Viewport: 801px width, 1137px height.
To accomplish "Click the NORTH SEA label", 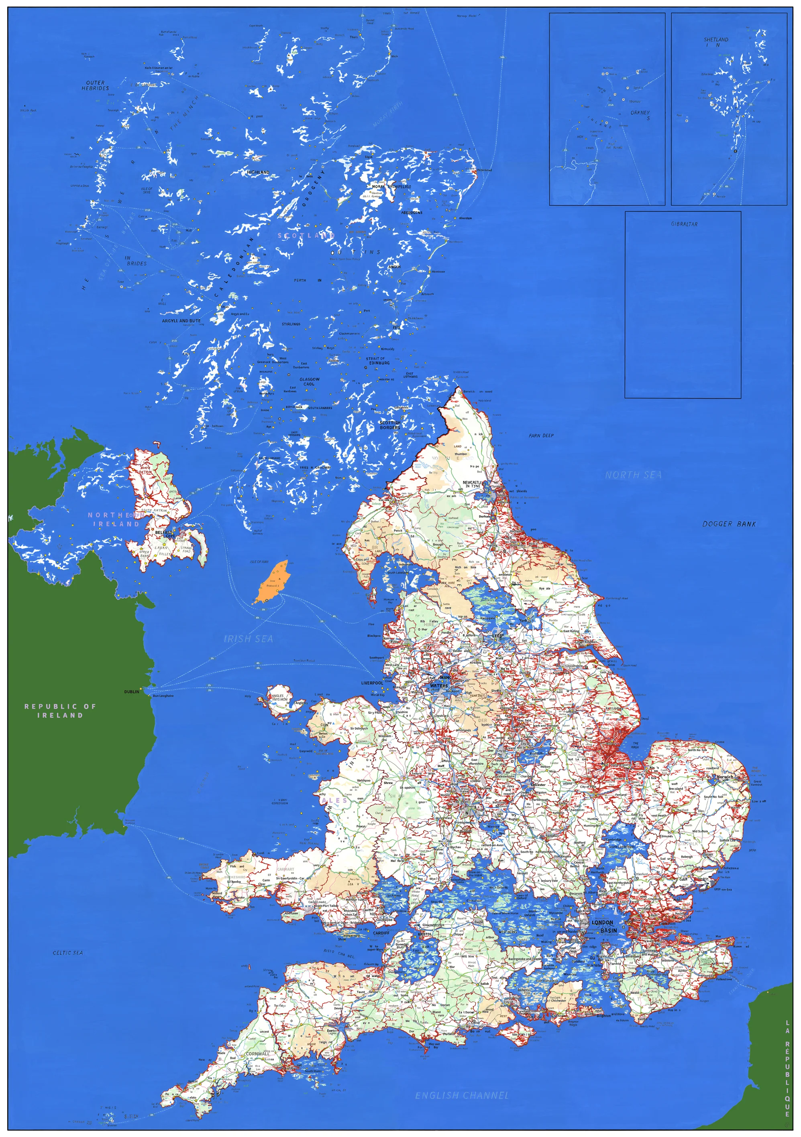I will click(633, 475).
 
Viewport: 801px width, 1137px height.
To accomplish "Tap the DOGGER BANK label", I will click(729, 523).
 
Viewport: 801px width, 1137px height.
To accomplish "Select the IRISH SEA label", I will click(248, 639).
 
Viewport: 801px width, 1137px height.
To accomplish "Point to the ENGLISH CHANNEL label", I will click(462, 1095).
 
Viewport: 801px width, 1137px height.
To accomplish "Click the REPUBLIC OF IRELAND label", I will click(60, 711).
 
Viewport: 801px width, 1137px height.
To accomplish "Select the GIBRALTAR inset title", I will click(684, 224).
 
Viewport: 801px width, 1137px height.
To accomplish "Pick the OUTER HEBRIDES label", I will click(95, 85).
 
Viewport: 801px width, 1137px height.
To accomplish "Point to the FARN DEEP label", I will click(541, 435).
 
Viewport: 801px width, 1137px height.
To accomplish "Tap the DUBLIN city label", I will click(131, 691).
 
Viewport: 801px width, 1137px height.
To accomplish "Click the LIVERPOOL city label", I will click(372, 683).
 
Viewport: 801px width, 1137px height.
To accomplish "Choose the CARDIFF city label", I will click(381, 932).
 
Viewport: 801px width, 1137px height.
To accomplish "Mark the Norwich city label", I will click(725, 776).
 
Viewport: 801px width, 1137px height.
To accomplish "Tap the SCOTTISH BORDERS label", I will click(389, 425).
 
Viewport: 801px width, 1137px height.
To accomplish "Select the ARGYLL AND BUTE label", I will click(181, 320).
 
